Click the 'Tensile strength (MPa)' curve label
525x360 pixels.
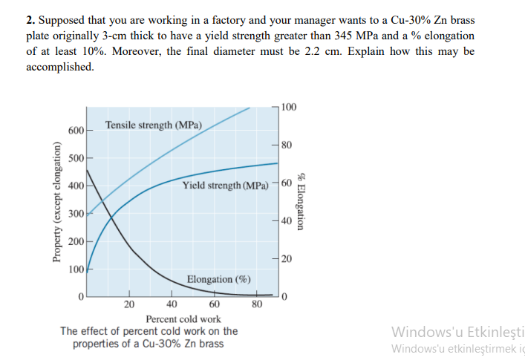(x=154, y=125)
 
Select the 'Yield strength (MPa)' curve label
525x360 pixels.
(x=225, y=184)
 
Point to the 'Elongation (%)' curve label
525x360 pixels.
(x=218, y=279)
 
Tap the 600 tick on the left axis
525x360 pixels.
(x=75, y=131)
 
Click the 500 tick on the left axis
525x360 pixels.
(x=75, y=158)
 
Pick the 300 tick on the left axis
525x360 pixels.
(x=75, y=214)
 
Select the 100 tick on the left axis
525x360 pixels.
(x=75, y=269)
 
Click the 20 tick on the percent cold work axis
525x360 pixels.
(x=129, y=304)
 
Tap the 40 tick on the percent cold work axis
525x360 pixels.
(x=172, y=304)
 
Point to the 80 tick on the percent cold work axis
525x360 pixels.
(x=257, y=304)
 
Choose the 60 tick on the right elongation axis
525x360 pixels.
(x=287, y=183)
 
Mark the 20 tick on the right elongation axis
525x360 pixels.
(x=287, y=258)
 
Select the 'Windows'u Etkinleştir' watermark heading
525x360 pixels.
(x=457, y=332)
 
